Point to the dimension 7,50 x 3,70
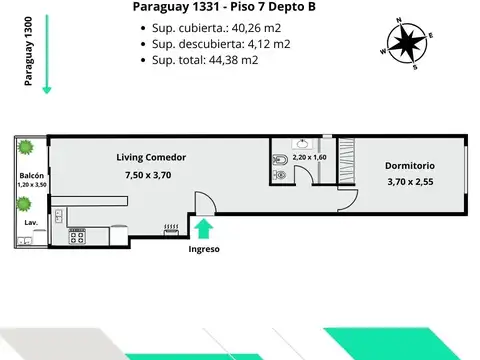point(148,177)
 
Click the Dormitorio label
point(410,165)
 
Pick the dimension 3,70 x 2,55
point(410,182)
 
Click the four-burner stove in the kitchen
point(76,238)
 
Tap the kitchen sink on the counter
point(59,214)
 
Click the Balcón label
point(29,175)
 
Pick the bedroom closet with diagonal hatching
point(347,160)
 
